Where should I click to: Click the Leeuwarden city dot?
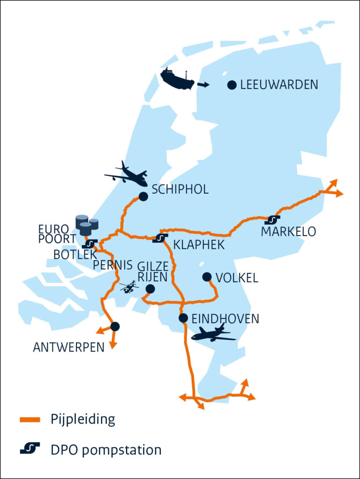click(232, 85)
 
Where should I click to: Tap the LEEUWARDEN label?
click(279, 85)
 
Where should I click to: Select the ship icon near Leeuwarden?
click(177, 79)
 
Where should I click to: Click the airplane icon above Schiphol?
click(126, 175)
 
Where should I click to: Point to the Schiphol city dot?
click(143, 197)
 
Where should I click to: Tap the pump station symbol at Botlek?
click(89, 244)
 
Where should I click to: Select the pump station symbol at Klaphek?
click(160, 238)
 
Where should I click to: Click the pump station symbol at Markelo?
click(272, 220)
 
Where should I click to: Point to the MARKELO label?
click(288, 232)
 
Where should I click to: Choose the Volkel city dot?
click(207, 277)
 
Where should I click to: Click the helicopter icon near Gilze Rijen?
click(129, 287)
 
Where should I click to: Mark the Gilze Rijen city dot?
click(150, 289)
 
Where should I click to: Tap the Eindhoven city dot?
click(183, 318)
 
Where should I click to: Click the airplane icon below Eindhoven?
click(213, 333)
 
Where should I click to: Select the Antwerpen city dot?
click(115, 326)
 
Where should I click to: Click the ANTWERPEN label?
click(68, 348)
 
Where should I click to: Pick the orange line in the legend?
click(31, 419)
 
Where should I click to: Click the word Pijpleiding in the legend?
click(82, 419)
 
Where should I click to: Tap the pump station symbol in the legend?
click(30, 449)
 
